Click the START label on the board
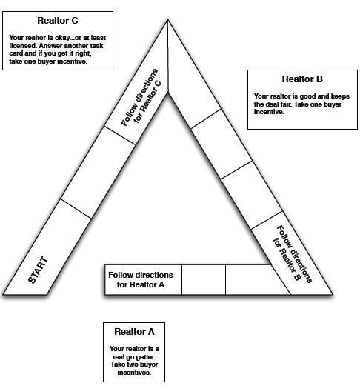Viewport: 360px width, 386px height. [x=38, y=270]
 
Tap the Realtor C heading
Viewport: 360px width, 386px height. [x=58, y=21]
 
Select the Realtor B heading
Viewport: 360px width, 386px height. [x=302, y=79]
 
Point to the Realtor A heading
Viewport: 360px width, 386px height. [x=134, y=332]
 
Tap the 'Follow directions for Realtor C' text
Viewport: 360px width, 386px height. [x=141, y=97]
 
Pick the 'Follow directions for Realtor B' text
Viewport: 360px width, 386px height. [x=293, y=254]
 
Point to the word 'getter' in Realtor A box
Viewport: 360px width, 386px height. [x=145, y=357]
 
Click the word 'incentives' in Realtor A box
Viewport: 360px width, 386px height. [x=134, y=373]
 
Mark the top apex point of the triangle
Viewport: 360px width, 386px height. [x=167, y=19]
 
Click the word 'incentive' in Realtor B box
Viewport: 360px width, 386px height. [x=269, y=112]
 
